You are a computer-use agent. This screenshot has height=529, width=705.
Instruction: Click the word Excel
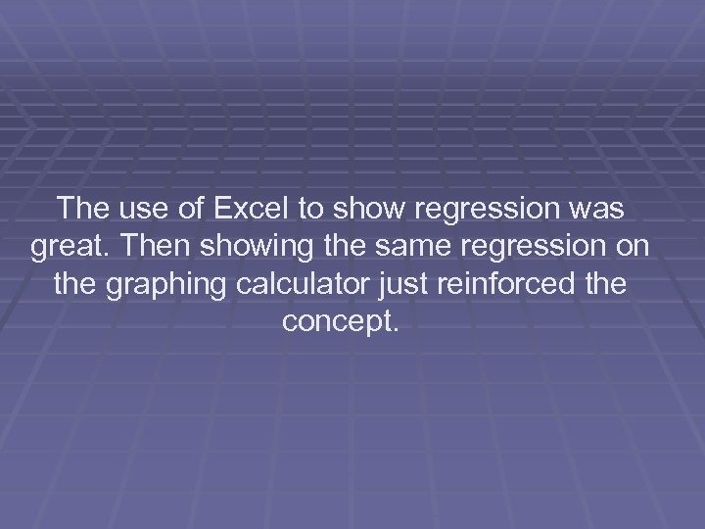tap(268, 209)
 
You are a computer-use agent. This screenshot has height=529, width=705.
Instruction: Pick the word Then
tap(146, 247)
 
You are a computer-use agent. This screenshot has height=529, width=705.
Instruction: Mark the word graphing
tap(161, 285)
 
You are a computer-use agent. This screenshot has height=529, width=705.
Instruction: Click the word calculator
tap(305, 285)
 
